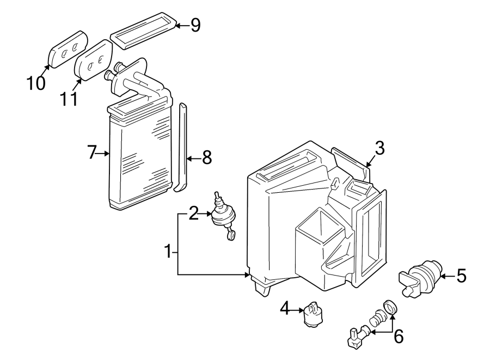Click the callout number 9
click(x=195, y=25)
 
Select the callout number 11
click(x=68, y=99)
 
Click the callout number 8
click(x=206, y=158)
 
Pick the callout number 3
click(x=379, y=147)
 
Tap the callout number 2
click(x=193, y=214)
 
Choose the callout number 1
click(x=169, y=251)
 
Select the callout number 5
click(x=461, y=277)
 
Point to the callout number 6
click(x=399, y=337)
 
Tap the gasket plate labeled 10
click(x=68, y=50)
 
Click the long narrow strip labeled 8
click(x=182, y=147)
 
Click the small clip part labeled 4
click(x=314, y=314)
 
